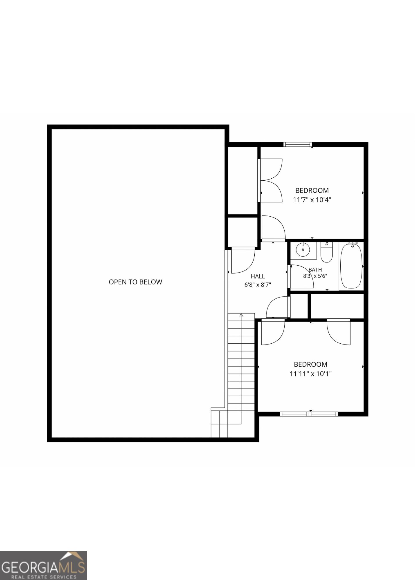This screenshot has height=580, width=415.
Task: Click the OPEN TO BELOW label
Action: [135, 282]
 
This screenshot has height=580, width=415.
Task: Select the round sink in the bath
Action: [303, 249]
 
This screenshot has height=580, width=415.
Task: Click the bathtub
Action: [351, 266]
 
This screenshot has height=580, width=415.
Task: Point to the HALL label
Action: [258, 276]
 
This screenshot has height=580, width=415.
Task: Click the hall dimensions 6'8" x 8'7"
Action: [258, 285]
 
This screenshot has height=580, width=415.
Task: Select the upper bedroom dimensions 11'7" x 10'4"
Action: [312, 200]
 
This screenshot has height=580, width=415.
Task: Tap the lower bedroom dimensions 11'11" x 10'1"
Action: [310, 374]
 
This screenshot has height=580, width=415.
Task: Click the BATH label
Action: [315, 270]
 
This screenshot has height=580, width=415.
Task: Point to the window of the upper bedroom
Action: [298, 144]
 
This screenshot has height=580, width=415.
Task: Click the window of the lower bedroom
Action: [309, 414]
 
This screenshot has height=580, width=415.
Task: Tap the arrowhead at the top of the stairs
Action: [241, 315]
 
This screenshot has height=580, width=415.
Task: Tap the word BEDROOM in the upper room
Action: [312, 191]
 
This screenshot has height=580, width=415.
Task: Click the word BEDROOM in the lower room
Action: [310, 365]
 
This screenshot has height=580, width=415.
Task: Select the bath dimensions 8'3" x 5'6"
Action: [315, 276]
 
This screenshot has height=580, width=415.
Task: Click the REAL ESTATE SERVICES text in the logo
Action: [44, 577]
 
